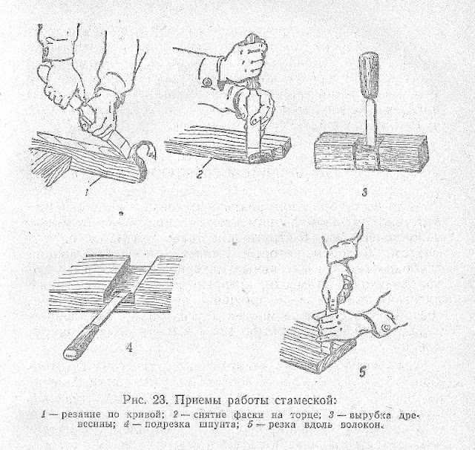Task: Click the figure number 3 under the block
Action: (364, 192)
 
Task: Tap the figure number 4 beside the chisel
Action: (129, 348)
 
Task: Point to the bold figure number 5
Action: (363, 372)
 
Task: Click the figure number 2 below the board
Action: (200, 175)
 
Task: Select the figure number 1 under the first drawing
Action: (87, 193)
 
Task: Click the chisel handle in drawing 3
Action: (369, 75)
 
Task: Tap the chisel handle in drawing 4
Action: (80, 342)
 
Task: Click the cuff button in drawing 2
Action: (208, 82)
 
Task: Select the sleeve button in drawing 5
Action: (386, 327)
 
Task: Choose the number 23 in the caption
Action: (160, 400)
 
